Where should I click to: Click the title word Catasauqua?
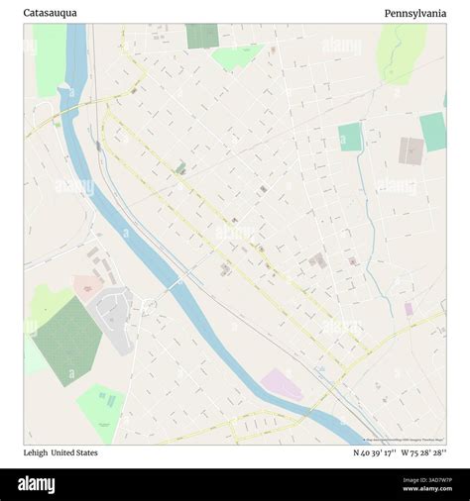click(x=50, y=13)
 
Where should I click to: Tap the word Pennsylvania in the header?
click(x=415, y=13)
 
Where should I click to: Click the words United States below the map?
click(x=74, y=452)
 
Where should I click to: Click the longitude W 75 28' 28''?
click(x=423, y=452)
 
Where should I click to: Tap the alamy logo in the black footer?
click(x=51, y=484)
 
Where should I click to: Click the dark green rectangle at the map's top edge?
click(x=201, y=36)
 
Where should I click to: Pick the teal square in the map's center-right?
click(x=350, y=137)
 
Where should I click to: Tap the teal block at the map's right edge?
click(x=433, y=131)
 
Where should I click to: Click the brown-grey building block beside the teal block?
click(x=411, y=150)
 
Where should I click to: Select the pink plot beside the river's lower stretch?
click(x=282, y=384)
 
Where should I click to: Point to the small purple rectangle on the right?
click(x=409, y=309)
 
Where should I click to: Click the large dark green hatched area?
click(x=67, y=340)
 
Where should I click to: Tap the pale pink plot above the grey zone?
click(x=87, y=289)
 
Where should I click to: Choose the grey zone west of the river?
click(x=113, y=317)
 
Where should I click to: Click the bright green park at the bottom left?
click(x=101, y=411)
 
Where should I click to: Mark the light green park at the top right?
click(x=401, y=51)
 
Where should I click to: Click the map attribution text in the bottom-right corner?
click(x=405, y=440)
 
